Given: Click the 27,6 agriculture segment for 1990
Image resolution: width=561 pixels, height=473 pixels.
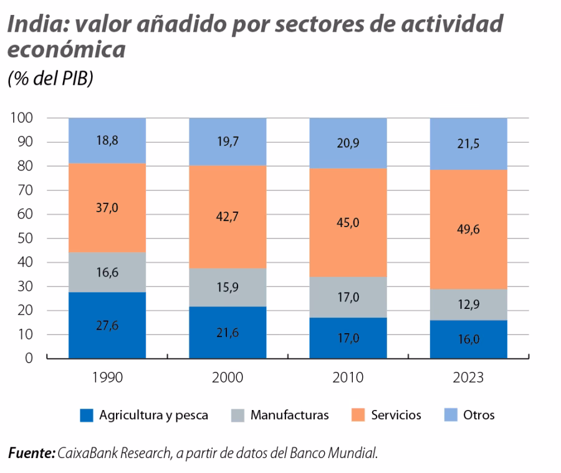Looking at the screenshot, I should [107, 325].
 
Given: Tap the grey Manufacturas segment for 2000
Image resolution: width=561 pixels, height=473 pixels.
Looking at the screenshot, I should [228, 287].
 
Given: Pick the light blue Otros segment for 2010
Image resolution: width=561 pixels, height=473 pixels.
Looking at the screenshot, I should [348, 143].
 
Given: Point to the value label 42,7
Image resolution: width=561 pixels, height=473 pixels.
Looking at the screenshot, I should [228, 217].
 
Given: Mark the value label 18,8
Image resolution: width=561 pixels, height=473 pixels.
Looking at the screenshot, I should [107, 140].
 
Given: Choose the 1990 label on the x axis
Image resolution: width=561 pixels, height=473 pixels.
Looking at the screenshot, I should [107, 378].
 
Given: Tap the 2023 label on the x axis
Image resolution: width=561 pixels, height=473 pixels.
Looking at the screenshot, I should [468, 378].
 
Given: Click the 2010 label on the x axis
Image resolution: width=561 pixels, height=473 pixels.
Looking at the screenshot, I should [348, 378].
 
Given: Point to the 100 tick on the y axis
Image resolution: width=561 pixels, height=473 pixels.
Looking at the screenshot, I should [21, 118].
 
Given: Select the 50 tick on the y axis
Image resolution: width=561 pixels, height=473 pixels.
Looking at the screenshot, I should [24, 238].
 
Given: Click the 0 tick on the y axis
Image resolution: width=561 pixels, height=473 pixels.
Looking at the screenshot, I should [29, 359].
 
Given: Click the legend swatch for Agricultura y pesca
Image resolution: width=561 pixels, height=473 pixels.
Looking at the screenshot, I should [87, 416].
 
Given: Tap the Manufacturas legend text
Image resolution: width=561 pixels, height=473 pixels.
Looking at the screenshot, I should [289, 416].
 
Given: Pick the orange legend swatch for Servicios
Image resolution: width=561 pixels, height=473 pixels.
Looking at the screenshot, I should [359, 416].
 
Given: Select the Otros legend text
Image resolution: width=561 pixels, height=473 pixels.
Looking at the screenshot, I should [478, 416].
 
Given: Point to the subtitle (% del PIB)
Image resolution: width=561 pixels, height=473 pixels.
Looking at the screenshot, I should [49, 79].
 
